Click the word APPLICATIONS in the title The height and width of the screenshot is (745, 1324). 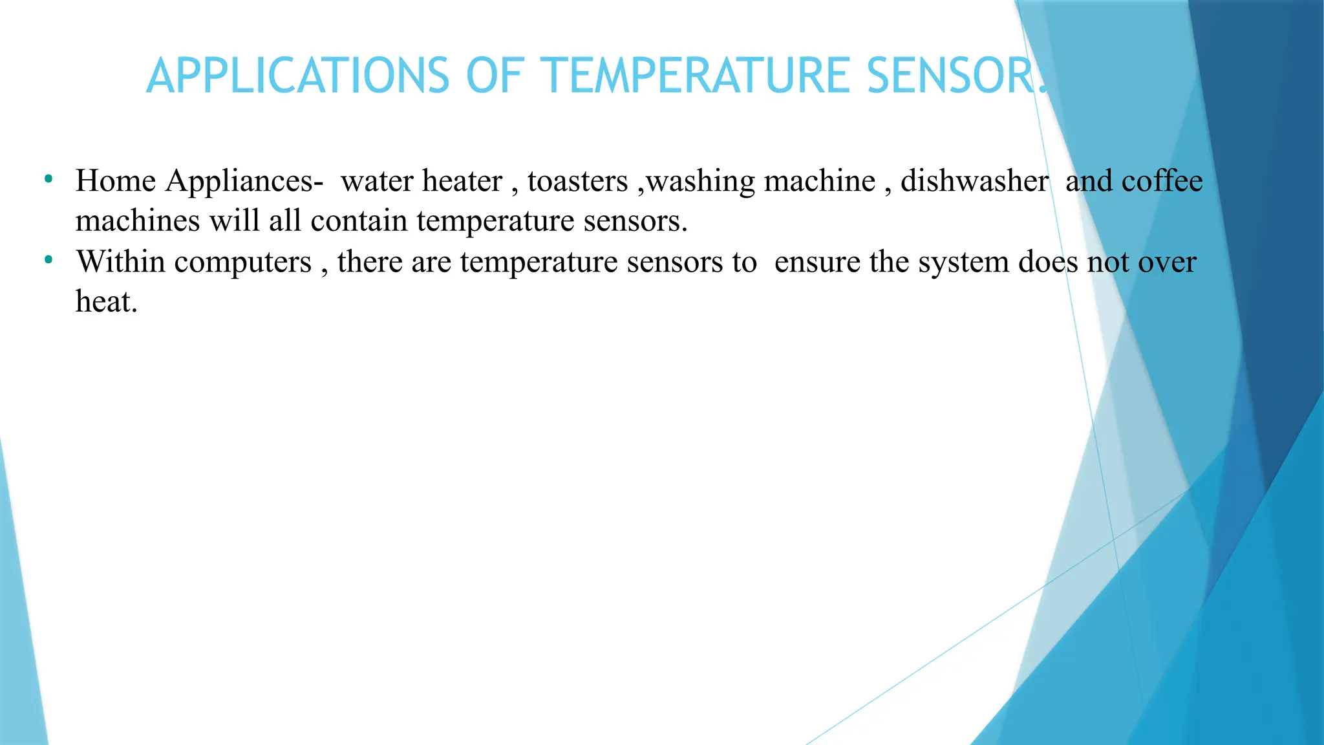[297, 76]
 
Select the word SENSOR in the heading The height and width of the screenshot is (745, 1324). [950, 76]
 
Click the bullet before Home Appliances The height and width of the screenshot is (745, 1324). [48, 179]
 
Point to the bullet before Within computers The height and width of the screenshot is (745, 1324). [48, 260]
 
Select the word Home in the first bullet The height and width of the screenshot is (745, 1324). [115, 181]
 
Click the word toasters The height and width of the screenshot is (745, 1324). [577, 182]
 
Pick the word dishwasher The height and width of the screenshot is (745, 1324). [974, 182]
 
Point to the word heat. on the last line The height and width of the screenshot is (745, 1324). [107, 302]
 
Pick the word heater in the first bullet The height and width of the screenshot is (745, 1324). [462, 182]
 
